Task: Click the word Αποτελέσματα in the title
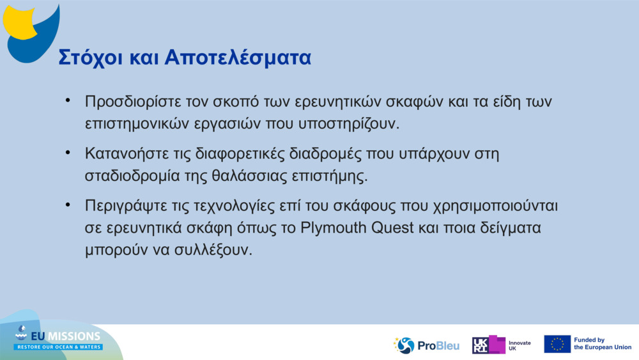(238, 57)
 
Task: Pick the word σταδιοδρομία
(134, 176)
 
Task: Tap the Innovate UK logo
(502, 345)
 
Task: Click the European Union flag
(557, 344)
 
